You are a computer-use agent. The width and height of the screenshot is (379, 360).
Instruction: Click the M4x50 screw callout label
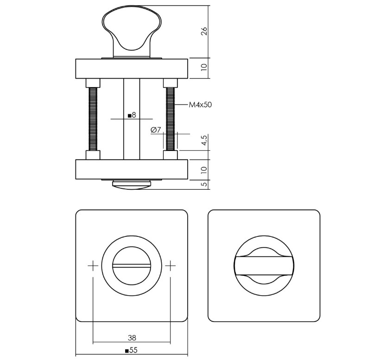pyautogui.click(x=200, y=105)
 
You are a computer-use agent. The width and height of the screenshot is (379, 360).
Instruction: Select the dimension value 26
pyautogui.click(x=204, y=31)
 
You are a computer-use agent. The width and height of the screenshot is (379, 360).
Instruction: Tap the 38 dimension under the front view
pyautogui.click(x=132, y=338)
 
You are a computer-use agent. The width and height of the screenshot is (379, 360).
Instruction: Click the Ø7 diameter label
pyautogui.click(x=156, y=130)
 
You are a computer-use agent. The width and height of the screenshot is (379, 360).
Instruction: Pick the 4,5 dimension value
pyautogui.click(x=204, y=141)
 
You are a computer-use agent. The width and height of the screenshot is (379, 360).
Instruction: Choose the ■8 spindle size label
pyautogui.click(x=132, y=115)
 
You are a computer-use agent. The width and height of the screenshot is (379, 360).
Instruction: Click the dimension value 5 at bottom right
pyautogui.click(x=204, y=184)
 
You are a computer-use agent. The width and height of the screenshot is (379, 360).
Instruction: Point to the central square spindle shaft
pyautogui.click(x=132, y=139)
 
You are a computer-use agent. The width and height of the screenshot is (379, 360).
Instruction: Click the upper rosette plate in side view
pyautogui.click(x=132, y=68)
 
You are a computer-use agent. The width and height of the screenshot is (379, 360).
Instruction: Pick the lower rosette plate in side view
pyautogui.click(x=132, y=170)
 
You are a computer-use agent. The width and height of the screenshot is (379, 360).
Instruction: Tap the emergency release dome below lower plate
pyautogui.click(x=132, y=186)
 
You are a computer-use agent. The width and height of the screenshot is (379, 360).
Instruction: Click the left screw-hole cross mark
pyautogui.click(x=93, y=266)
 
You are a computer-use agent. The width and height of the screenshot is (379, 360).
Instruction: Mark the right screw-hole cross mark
pyautogui.click(x=171, y=266)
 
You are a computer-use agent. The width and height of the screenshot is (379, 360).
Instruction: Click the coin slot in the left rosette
pyautogui.click(x=132, y=266)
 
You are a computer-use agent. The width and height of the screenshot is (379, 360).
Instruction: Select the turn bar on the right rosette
pyautogui.click(x=264, y=266)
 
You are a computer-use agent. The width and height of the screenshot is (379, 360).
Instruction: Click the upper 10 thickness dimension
pyautogui.click(x=204, y=68)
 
